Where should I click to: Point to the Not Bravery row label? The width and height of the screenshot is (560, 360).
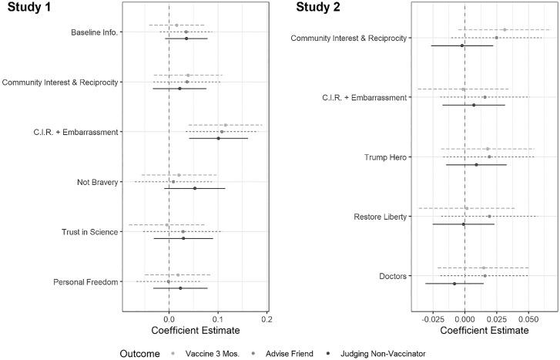pyautogui.click(x=97, y=182)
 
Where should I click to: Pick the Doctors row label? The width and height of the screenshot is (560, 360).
pyautogui.click(x=395, y=276)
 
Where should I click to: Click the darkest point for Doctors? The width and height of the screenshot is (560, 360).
pyautogui.click(x=454, y=284)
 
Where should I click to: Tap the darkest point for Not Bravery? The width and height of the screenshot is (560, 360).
pyautogui.click(x=195, y=188)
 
